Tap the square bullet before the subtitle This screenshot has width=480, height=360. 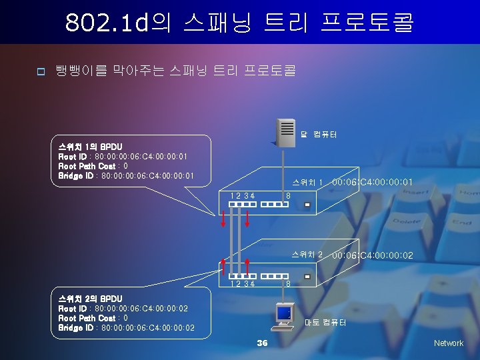(x=40, y=71)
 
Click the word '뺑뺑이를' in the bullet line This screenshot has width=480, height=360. (x=76, y=70)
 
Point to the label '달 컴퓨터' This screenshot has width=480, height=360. (x=318, y=135)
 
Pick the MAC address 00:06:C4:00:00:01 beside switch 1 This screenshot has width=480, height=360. (x=373, y=182)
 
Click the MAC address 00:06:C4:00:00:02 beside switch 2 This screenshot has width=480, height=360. (x=373, y=255)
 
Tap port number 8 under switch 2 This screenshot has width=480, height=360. (x=288, y=285)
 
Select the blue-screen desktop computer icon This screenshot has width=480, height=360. (x=283, y=315)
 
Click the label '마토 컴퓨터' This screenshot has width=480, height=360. (x=325, y=323)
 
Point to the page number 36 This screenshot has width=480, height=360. (x=262, y=343)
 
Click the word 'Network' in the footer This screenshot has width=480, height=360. (x=448, y=343)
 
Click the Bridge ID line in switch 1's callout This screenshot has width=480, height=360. (x=126, y=176)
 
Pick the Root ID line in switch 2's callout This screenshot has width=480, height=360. (x=123, y=309)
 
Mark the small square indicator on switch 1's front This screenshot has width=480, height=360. (x=307, y=205)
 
